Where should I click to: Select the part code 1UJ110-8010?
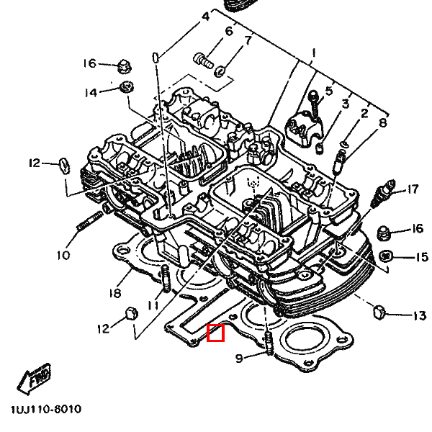tap(46, 410)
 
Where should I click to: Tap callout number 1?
tap(313, 53)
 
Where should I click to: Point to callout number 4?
tap(205, 17)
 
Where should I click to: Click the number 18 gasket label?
tap(114, 293)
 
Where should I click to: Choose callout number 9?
tap(240, 357)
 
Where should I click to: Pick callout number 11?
tap(152, 305)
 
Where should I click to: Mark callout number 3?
tap(345, 105)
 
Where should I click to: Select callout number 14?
tap(90, 93)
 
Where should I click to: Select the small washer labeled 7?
tap(221, 71)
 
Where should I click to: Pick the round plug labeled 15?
tap(386, 256)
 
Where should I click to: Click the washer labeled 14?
tap(127, 88)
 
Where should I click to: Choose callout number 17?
tap(412, 190)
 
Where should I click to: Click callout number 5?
tap(329, 91)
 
